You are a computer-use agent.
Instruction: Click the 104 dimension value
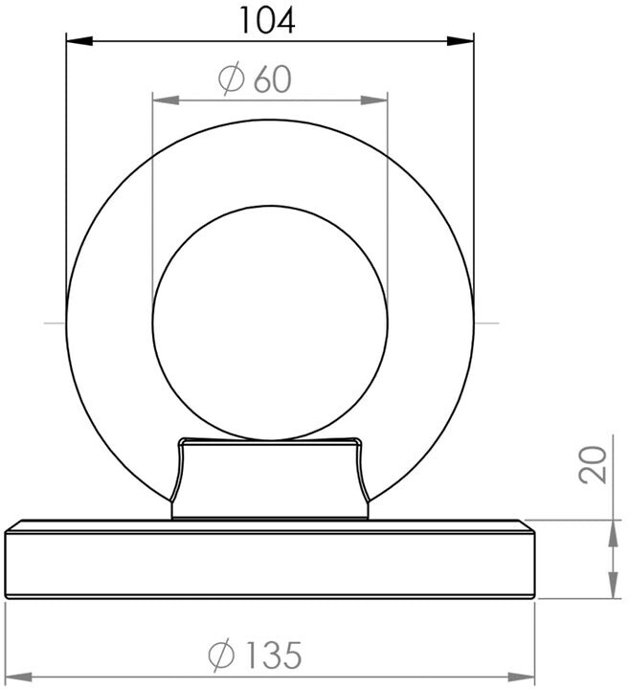click(268, 21)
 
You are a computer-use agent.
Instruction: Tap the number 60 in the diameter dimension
click(273, 79)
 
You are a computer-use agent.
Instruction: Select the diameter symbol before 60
click(231, 78)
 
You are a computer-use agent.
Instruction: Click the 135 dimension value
click(274, 656)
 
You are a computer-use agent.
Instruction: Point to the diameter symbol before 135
click(221, 656)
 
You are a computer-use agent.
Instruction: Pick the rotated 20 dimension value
click(593, 465)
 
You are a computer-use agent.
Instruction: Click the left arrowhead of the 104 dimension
click(79, 41)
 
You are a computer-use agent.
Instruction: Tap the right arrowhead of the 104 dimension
click(460, 41)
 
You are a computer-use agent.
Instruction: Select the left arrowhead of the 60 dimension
click(166, 100)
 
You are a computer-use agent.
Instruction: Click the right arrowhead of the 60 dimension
click(374, 100)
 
